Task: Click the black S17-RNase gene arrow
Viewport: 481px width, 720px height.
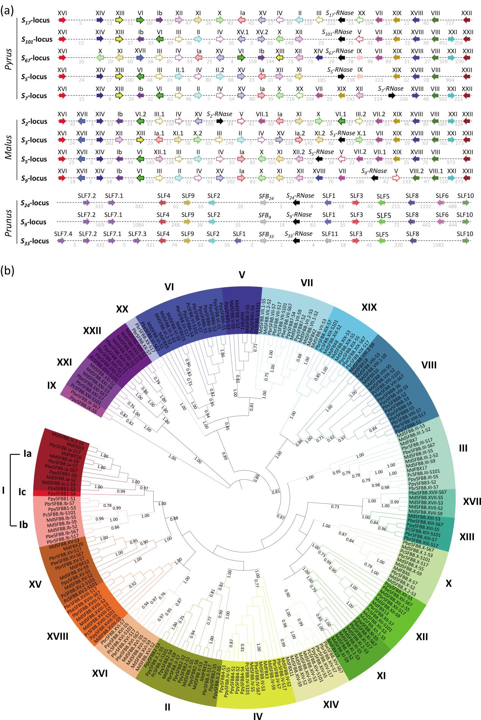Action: [x=341, y=20]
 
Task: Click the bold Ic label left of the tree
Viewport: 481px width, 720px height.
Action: [x=23, y=492]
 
